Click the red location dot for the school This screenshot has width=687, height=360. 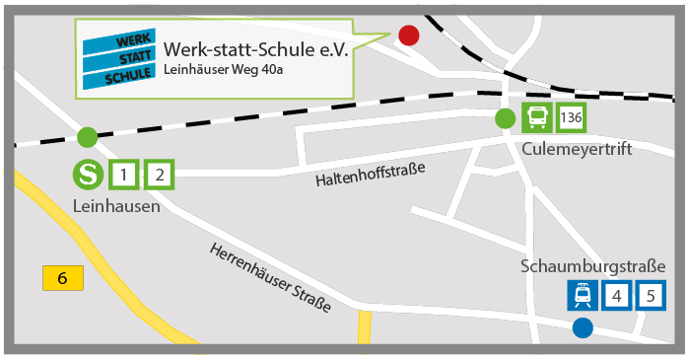pos(408,36)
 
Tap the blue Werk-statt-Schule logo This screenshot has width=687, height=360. pos(118,58)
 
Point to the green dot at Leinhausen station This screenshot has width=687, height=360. pos(88,136)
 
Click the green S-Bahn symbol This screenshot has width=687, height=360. pos(88,176)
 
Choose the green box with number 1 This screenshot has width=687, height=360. pos(123,176)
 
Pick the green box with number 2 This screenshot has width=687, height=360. pos(159,176)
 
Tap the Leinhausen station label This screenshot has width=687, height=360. pos(115,206)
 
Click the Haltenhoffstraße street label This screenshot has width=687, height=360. pos(370,176)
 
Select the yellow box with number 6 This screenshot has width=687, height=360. pos(63,278)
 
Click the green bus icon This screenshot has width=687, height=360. pos(537,118)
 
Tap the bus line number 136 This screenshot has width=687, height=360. pos(571,118)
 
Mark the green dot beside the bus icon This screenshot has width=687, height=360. pos(506,119)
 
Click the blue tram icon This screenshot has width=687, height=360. pos(583,295)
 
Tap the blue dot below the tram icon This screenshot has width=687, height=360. pos(583,327)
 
